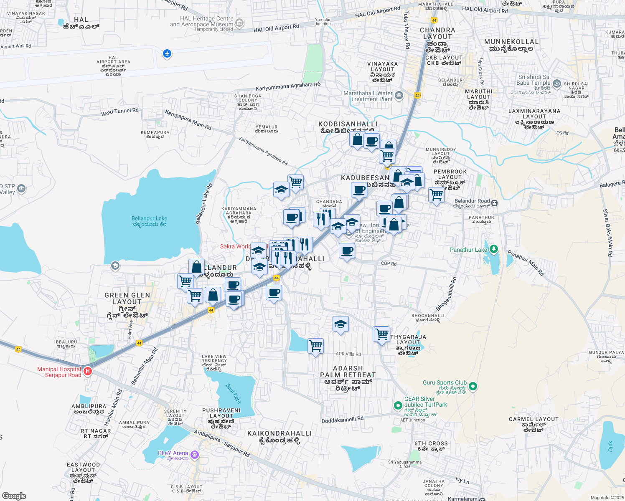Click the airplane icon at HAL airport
click(167, 53)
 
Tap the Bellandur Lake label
click(150, 221)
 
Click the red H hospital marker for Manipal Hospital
click(88, 371)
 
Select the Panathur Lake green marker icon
click(494, 249)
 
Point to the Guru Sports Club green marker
click(473, 386)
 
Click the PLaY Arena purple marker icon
click(194, 454)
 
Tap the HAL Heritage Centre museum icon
click(239, 23)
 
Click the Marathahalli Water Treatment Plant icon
click(399, 96)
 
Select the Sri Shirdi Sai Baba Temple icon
click(556, 83)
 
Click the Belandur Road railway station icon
click(494, 203)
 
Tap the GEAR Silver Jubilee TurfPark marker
click(398, 405)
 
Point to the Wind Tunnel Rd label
click(119, 112)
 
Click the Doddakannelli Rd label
click(342, 420)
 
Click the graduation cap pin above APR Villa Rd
click(340, 324)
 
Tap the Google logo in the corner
click(14, 496)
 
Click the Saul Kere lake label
click(234, 394)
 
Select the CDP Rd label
click(389, 264)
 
